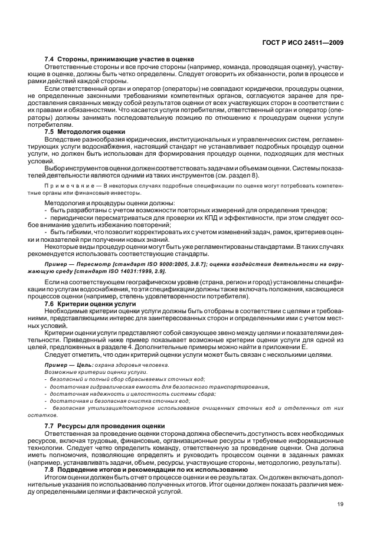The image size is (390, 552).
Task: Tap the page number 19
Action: pyautogui.click(x=340, y=504)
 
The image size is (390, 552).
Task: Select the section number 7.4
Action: pyautogui.click(x=50, y=59)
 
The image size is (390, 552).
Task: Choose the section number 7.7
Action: pyautogui.click(x=50, y=426)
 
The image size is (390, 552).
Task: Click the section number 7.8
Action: pyautogui.click(x=50, y=469)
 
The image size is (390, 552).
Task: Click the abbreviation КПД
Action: pyautogui.click(x=181, y=218)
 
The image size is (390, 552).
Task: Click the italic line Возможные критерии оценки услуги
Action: pyautogui.click(x=87, y=373)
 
